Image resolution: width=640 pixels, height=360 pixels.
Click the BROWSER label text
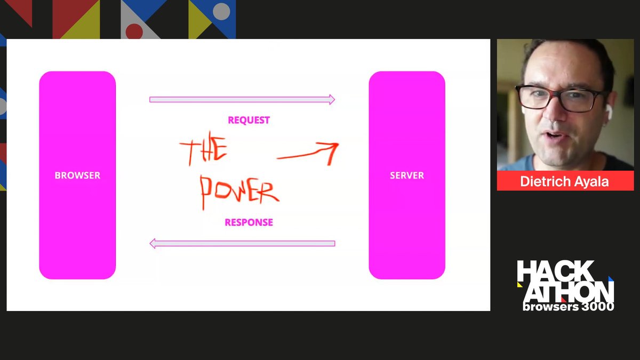[x=77, y=175]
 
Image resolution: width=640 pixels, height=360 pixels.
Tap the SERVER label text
[x=407, y=175]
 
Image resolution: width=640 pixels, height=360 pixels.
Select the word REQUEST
[x=249, y=120]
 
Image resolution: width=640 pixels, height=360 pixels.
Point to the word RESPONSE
[x=249, y=222]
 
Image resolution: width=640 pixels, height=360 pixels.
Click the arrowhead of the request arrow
[x=332, y=99]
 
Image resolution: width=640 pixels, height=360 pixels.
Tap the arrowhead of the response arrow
[x=153, y=243]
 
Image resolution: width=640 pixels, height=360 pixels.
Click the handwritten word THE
[x=203, y=149]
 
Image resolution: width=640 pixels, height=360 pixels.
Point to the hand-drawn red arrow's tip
[x=338, y=144]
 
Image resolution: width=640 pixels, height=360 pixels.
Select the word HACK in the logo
[x=555, y=270]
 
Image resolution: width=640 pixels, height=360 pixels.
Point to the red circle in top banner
[x=134, y=31]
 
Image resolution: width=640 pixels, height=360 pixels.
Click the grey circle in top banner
[x=221, y=11]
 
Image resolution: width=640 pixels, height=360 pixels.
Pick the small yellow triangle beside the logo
[x=519, y=285]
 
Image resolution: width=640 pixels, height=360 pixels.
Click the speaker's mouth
[x=554, y=135]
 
